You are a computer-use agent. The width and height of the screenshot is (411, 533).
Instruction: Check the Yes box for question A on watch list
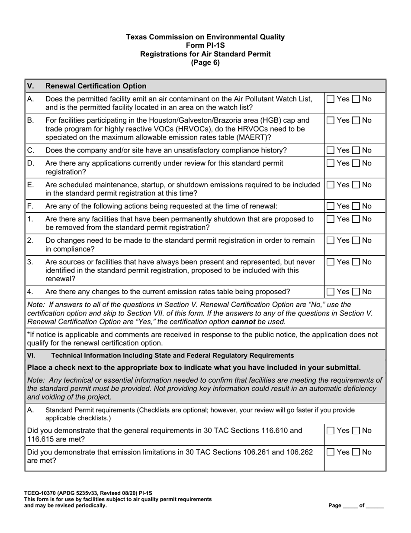tap(331, 99)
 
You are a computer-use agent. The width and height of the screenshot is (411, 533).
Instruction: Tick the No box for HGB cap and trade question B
tap(356, 120)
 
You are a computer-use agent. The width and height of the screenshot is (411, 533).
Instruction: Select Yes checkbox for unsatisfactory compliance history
tap(331, 150)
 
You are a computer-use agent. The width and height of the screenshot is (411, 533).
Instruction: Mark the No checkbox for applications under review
tap(356, 163)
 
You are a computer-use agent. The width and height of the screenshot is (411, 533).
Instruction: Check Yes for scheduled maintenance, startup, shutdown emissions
tap(331, 185)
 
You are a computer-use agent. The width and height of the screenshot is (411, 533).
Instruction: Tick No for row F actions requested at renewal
tap(356, 206)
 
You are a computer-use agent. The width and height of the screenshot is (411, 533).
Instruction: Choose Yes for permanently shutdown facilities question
tap(331, 219)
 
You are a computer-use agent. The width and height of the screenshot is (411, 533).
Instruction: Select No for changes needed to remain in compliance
tap(356, 240)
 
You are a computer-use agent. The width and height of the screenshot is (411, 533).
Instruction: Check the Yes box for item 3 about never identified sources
tap(331, 262)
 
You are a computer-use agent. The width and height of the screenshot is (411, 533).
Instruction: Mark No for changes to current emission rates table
tap(356, 292)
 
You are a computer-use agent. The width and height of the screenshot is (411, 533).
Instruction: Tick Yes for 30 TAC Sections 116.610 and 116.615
tap(331, 431)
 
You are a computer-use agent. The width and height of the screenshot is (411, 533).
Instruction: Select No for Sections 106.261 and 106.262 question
tap(356, 452)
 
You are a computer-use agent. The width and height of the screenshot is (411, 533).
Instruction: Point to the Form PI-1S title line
tap(205, 45)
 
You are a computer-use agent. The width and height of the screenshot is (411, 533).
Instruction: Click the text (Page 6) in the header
tap(205, 62)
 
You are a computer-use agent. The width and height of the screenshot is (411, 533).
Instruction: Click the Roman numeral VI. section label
tap(31, 356)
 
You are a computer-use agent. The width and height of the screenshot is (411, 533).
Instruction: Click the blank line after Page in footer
tap(350, 506)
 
